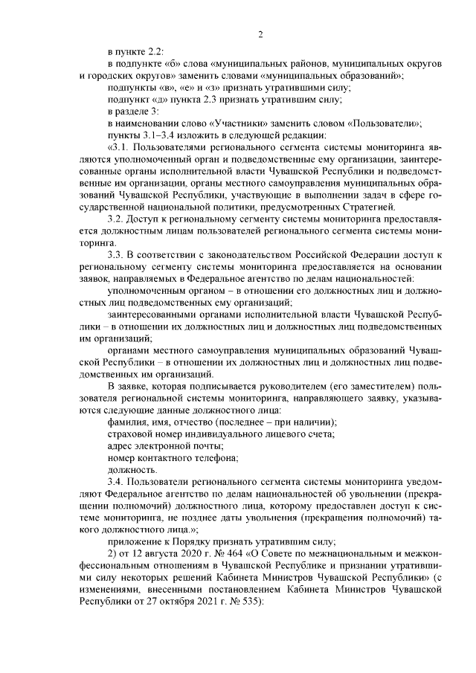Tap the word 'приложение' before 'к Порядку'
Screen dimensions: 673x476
(135, 541)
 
